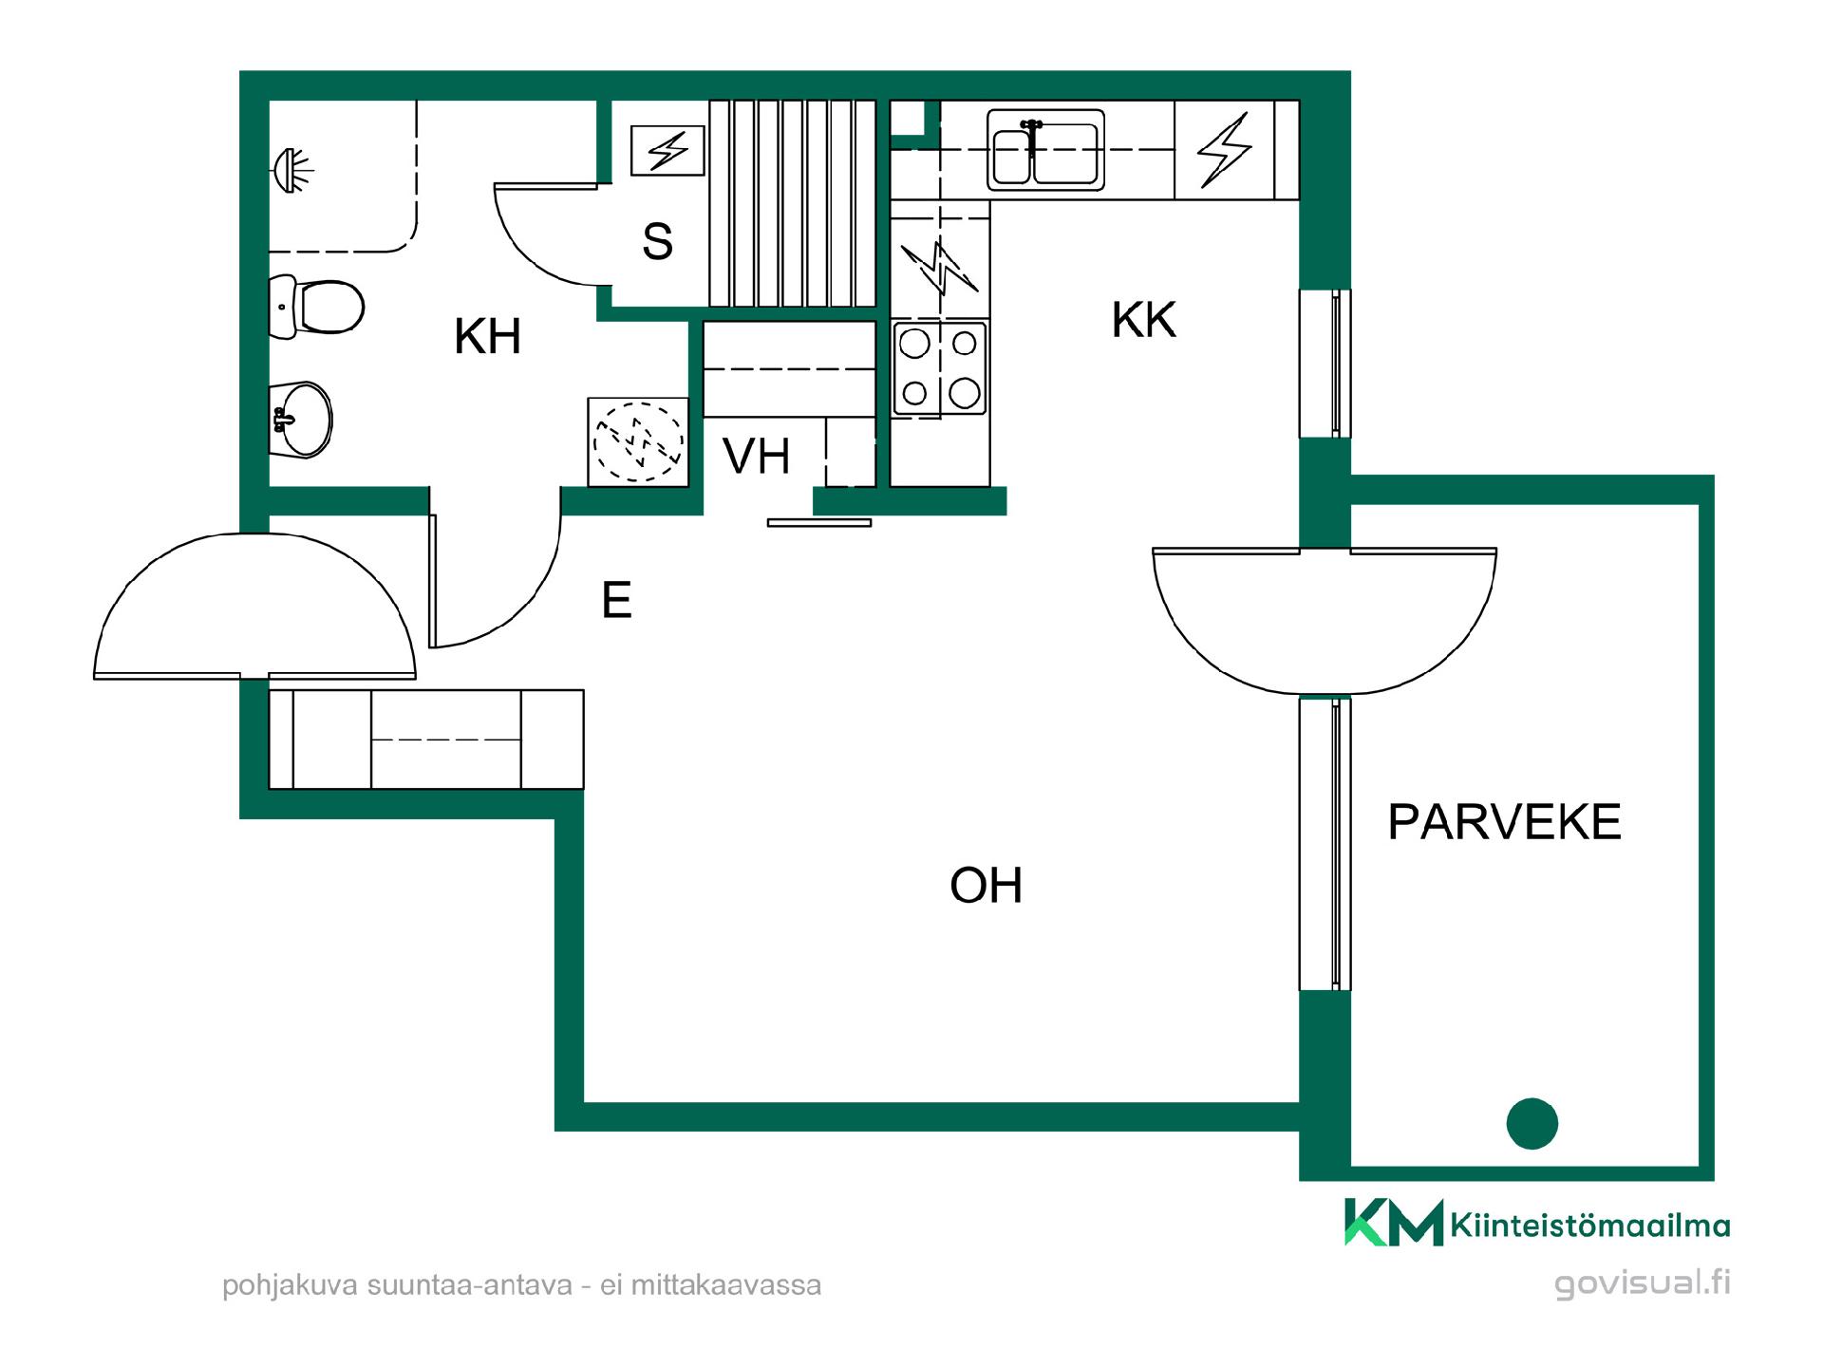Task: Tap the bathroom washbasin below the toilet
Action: click(301, 420)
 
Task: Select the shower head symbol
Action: click(292, 172)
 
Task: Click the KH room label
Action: click(488, 337)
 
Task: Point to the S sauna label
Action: click(657, 241)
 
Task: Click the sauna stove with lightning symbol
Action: click(668, 150)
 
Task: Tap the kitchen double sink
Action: click(1045, 150)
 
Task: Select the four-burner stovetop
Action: click(940, 368)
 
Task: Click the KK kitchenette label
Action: click(1144, 320)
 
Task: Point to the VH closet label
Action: click(756, 457)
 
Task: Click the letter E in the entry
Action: click(616, 600)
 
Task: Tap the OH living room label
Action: click(986, 886)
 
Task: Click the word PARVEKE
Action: click(1504, 822)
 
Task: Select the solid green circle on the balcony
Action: click(1532, 1124)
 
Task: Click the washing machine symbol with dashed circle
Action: click(638, 441)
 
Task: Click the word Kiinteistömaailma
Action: click(1590, 1227)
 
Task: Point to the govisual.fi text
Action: click(1642, 1283)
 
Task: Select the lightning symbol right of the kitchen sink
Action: click(1224, 150)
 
